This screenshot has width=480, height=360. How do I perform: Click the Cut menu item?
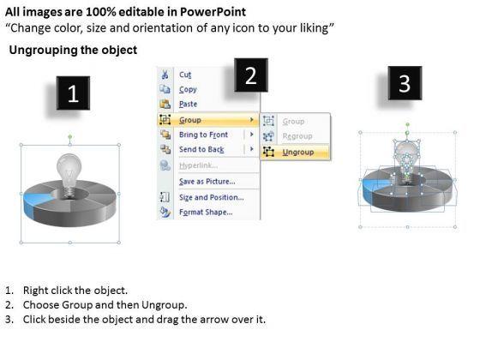coord(185,75)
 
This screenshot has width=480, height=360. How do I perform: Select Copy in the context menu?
coord(188,89)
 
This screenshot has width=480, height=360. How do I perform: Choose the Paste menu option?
coord(188,104)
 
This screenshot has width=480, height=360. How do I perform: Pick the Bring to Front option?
coord(203,135)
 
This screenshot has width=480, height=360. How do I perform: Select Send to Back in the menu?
coord(201,149)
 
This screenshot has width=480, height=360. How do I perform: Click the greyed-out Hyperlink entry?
coord(198,165)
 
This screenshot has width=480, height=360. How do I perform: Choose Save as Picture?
coord(207,182)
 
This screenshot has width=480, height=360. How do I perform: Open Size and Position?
coord(211,197)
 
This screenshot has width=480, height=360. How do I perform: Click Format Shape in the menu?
coord(206,213)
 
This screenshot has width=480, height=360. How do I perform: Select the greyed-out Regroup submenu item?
coord(297,136)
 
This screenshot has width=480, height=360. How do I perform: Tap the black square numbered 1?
coord(73,93)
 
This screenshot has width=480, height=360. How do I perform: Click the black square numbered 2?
coord(251,75)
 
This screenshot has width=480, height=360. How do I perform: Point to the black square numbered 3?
coord(405,83)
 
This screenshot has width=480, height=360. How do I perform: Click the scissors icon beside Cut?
coord(165,75)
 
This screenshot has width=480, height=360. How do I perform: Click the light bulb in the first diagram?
coord(69,175)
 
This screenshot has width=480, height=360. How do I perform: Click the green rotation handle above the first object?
coord(70,136)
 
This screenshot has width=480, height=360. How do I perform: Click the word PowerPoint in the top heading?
coord(213,12)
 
